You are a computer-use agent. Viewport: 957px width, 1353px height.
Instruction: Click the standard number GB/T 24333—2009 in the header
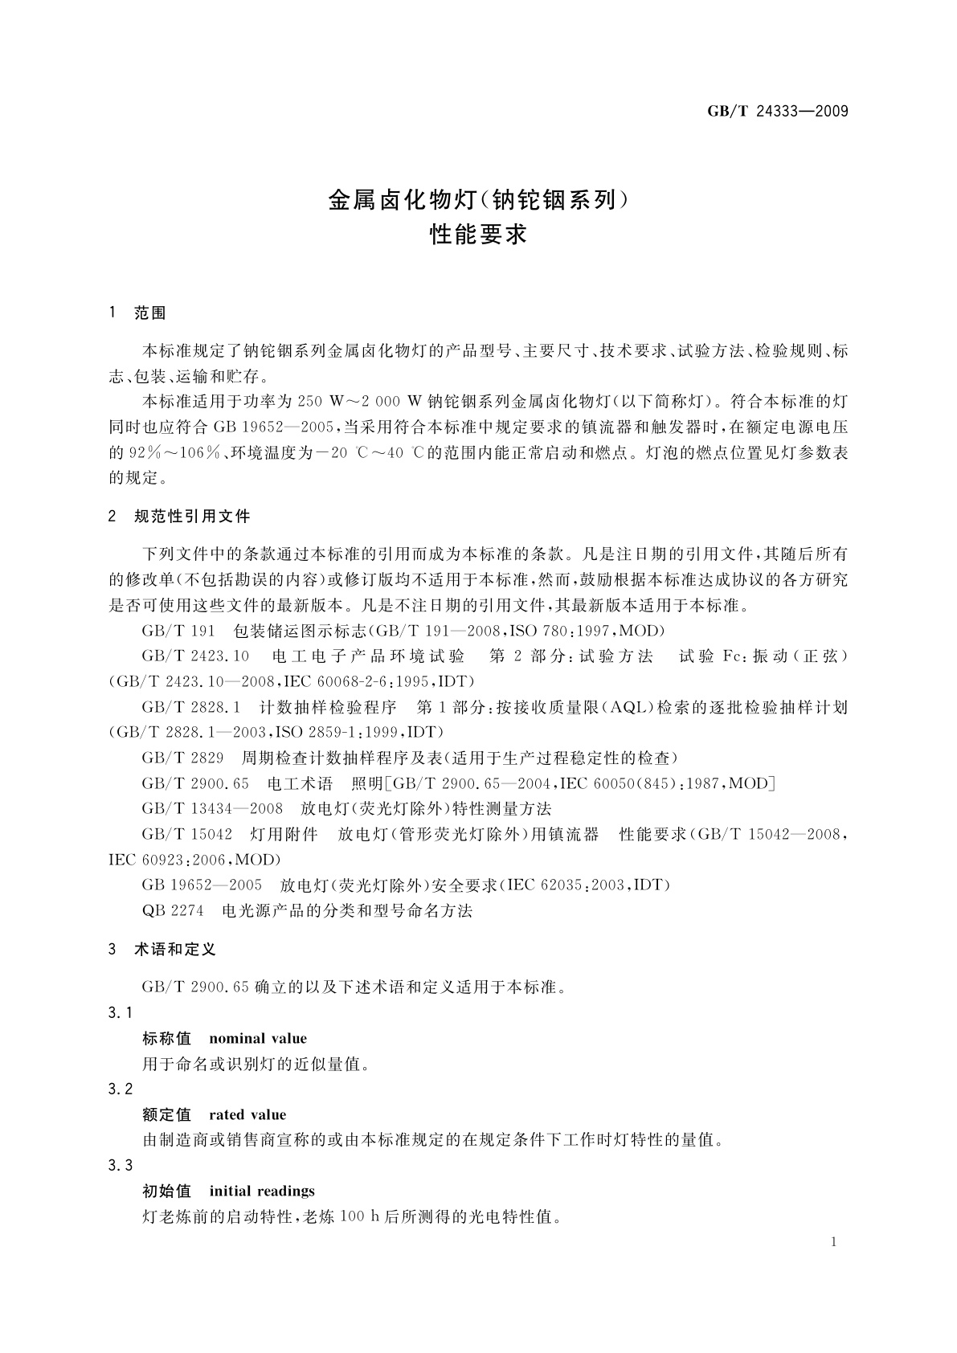click(777, 111)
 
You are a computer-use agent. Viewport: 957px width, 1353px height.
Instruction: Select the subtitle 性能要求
click(478, 235)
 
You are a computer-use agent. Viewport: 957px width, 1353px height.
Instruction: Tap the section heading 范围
click(149, 313)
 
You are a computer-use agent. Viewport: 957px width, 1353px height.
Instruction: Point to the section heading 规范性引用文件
click(192, 516)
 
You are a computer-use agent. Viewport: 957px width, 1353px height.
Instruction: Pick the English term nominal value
click(257, 1039)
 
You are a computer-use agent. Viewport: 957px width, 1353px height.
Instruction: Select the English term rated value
click(247, 1115)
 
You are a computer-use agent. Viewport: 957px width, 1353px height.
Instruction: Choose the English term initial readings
click(261, 1192)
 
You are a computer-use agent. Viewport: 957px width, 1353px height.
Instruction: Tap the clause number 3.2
click(120, 1089)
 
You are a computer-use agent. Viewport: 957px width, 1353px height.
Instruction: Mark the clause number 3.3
click(120, 1166)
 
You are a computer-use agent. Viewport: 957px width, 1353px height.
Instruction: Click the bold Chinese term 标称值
click(166, 1039)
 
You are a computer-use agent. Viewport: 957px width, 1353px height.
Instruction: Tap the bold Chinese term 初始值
click(166, 1192)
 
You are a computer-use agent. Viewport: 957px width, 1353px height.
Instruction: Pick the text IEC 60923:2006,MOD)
click(194, 860)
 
